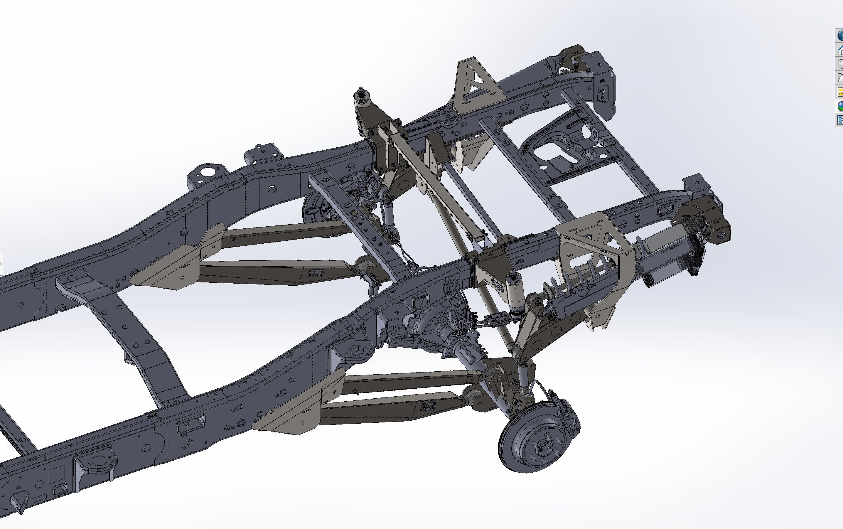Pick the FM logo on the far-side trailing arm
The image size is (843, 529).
(x=315, y=273)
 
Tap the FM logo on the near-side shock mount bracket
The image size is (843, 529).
(x=498, y=286)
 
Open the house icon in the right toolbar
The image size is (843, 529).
(x=839, y=50)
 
